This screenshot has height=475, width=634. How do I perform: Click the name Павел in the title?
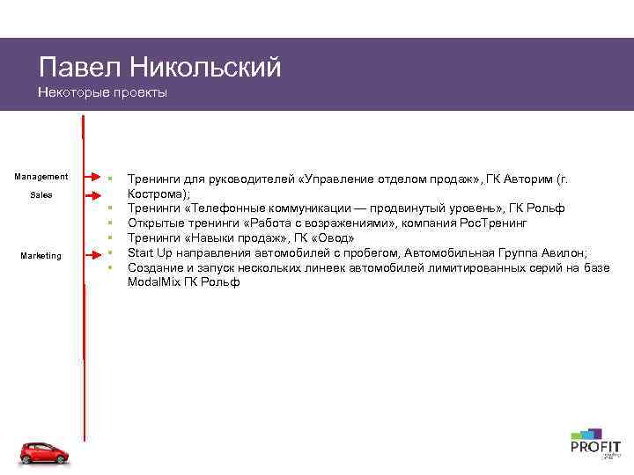(79, 68)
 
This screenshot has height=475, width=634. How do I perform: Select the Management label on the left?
(41, 177)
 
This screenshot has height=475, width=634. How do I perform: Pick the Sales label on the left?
(41, 194)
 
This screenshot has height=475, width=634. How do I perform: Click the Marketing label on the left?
(41, 256)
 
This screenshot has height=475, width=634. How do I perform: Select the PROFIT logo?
(595, 444)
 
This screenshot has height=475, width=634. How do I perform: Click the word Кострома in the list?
(156, 194)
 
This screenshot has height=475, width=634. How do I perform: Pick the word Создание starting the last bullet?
(156, 268)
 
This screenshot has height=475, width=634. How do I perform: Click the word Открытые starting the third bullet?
(156, 223)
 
